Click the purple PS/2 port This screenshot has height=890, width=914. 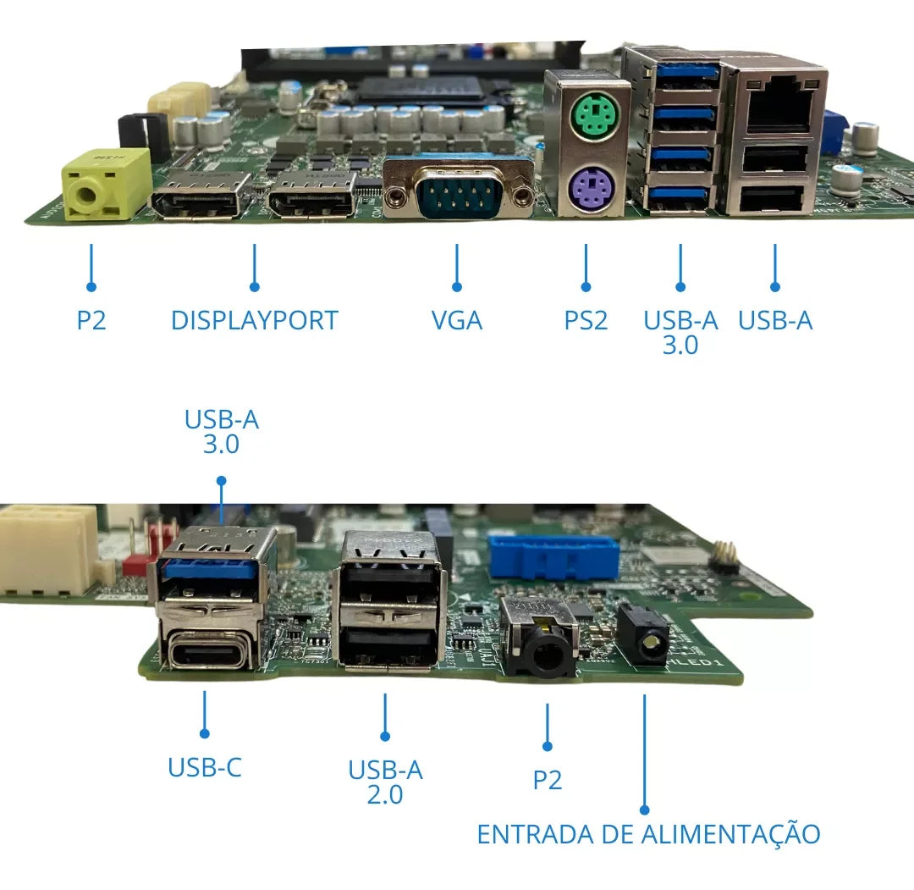[x=591, y=188]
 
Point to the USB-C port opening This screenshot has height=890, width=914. [x=206, y=651]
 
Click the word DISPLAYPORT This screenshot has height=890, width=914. [x=255, y=320]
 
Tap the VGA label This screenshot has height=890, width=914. [x=457, y=320]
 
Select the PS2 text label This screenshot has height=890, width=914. [x=586, y=320]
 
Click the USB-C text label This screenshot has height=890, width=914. [x=205, y=767]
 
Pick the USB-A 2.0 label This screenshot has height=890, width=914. [x=385, y=782]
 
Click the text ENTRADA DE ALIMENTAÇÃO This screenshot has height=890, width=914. [x=649, y=833]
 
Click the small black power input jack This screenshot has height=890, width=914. [x=644, y=636]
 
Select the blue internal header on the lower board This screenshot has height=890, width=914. [x=553, y=557]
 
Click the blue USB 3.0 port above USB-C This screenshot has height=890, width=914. [x=210, y=568]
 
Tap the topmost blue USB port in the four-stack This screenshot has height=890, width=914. [x=686, y=74]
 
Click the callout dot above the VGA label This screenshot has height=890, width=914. [x=457, y=287]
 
